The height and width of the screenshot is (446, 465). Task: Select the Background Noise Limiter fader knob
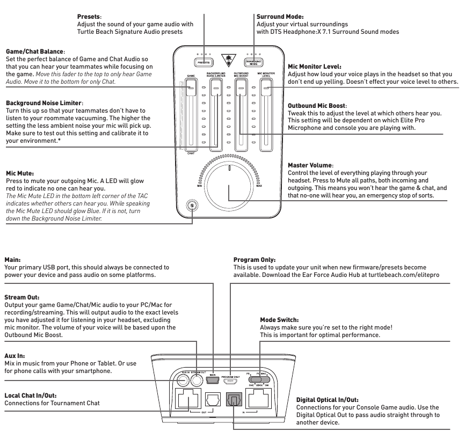tap(215, 89)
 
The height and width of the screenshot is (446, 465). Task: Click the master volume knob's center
tap(229, 185)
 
